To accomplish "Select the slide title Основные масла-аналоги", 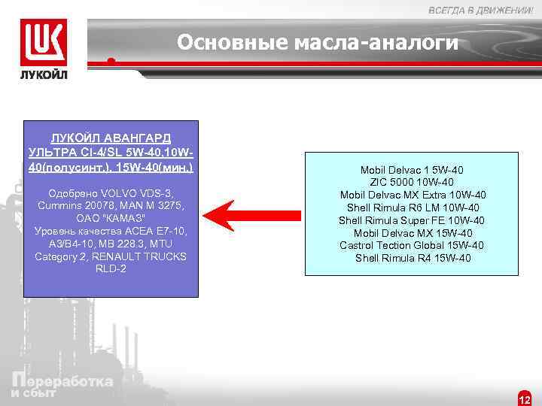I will point(317,43).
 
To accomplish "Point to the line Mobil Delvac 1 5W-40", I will point(412,169).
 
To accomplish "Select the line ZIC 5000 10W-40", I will point(412,182).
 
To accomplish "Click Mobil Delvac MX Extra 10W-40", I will point(412,195).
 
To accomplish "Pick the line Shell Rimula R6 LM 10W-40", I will point(412,208).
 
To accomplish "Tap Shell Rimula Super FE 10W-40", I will point(412,220).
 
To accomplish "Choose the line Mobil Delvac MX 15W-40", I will point(412,233).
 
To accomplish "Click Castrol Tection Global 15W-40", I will point(412,246).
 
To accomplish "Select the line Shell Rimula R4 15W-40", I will point(412,259).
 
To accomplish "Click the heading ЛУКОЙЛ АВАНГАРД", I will point(111,139).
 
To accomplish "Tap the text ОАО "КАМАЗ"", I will point(111,218).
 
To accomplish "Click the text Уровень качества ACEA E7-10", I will point(111,231).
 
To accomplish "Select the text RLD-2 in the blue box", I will point(111,269).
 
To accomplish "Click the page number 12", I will point(525,398).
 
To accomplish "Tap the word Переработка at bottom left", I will point(63,380).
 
